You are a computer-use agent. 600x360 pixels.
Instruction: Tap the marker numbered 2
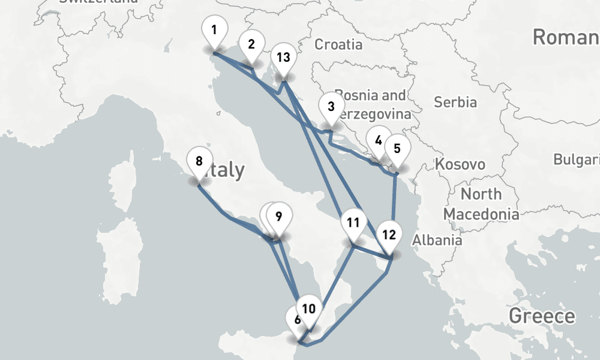click(251, 44)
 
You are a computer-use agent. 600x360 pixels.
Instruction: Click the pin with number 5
click(397, 148)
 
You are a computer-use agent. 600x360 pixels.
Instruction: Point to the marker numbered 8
click(199, 162)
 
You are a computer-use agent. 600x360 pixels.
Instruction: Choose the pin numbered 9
click(278, 217)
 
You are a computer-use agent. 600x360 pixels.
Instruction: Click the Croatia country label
click(338, 44)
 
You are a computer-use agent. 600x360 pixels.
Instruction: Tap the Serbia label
click(455, 102)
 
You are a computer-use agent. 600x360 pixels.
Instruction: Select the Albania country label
click(437, 240)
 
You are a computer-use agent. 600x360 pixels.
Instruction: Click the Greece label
click(541, 316)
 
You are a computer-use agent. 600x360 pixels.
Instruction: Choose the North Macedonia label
click(481, 204)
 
